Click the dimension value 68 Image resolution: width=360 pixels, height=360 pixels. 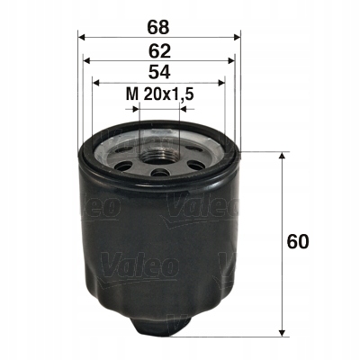pyautogui.click(x=159, y=17)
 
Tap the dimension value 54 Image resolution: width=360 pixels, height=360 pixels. pyautogui.click(x=159, y=71)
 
